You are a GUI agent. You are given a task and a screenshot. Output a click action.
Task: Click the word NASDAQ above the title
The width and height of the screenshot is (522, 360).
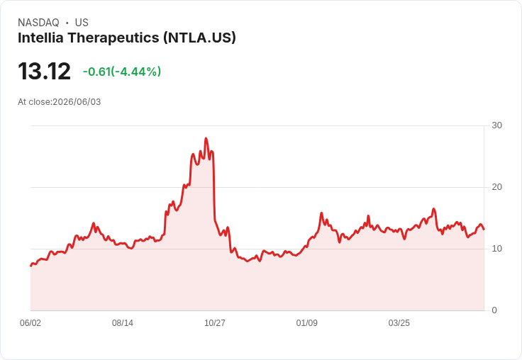38,23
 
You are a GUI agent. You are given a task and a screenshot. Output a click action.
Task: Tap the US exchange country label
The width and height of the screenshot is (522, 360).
82,23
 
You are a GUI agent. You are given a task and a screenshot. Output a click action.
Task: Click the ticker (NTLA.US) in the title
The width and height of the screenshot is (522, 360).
199,38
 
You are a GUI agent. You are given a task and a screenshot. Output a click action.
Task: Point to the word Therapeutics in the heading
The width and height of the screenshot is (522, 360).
113,38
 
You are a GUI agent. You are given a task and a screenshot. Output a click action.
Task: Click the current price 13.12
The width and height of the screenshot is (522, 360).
44,71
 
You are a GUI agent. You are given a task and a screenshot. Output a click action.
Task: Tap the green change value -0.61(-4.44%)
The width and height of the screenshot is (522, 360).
122,72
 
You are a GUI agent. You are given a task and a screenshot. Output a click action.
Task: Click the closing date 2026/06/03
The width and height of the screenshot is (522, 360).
77,102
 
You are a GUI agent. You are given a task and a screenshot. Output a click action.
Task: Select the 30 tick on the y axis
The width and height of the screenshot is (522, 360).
496,125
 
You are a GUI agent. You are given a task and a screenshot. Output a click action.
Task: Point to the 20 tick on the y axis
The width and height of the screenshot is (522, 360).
496,187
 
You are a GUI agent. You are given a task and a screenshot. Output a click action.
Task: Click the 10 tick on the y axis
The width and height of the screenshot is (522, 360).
496,249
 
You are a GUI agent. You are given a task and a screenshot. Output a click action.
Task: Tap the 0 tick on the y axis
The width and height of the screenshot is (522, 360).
494,310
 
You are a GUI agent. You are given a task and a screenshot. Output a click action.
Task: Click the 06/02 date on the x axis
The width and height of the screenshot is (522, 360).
30,322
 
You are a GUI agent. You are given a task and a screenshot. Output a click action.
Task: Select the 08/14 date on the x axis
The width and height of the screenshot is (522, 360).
123,322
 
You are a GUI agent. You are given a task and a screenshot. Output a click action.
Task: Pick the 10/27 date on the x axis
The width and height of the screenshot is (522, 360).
215,322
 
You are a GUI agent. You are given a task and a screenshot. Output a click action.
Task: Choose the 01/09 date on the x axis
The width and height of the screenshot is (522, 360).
306,322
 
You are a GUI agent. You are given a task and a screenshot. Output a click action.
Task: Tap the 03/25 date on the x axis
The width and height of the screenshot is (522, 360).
399,322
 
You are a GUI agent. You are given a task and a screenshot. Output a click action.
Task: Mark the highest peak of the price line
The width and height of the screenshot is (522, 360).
206,138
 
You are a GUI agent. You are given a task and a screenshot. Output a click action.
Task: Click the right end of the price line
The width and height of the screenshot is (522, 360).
484,229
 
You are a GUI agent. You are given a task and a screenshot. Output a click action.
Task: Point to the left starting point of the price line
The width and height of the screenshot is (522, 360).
30,266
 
